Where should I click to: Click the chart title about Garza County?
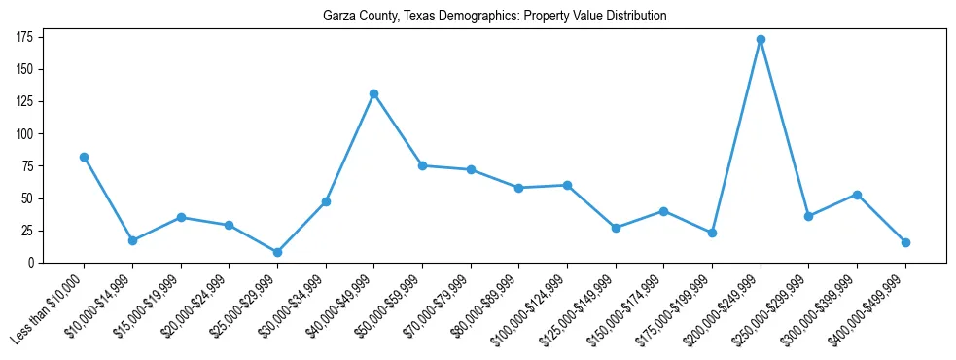(495, 17)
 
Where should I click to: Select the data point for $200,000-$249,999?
(761, 40)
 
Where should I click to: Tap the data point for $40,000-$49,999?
(373, 93)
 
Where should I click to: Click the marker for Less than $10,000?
(84, 157)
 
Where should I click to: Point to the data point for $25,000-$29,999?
(277, 252)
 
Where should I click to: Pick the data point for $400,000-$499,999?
(905, 242)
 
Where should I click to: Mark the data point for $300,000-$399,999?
(857, 195)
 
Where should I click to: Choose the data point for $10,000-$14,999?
(132, 240)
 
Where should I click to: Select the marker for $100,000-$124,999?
(567, 185)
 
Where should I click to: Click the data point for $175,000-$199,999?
(712, 233)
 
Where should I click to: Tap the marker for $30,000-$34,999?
(326, 201)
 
